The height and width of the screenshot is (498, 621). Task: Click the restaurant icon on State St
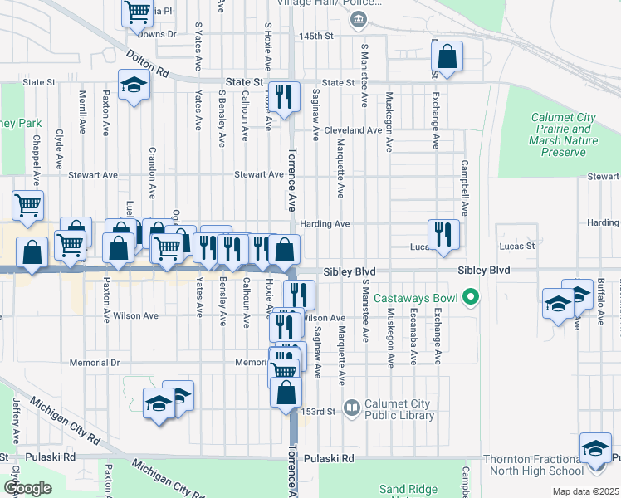tap(284, 98)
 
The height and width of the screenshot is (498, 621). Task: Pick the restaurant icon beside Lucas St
tap(443, 233)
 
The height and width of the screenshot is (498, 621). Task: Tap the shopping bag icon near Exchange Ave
tap(447, 56)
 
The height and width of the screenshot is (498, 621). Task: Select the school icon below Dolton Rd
tap(133, 86)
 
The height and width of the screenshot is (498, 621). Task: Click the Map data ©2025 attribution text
tap(585, 492)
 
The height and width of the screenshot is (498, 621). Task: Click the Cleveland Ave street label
tap(353, 130)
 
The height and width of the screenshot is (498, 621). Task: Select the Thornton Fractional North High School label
tap(555, 465)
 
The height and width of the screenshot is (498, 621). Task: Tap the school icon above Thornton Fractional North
tap(594, 448)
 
